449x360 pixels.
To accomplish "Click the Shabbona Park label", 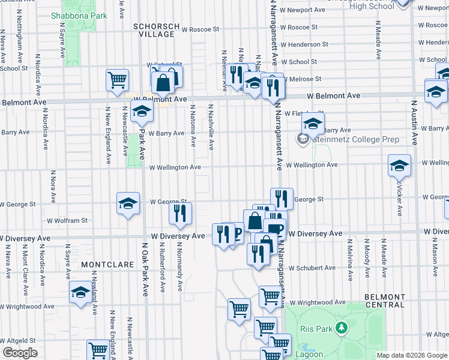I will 79,16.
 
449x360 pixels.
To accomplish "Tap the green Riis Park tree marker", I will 342,328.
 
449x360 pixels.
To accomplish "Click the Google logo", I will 20,353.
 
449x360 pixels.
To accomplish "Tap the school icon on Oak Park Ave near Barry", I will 142,111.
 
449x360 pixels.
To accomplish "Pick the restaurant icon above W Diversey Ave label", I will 180,213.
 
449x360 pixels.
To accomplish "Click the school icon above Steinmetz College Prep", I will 313,124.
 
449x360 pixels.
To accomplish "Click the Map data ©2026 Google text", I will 412,355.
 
